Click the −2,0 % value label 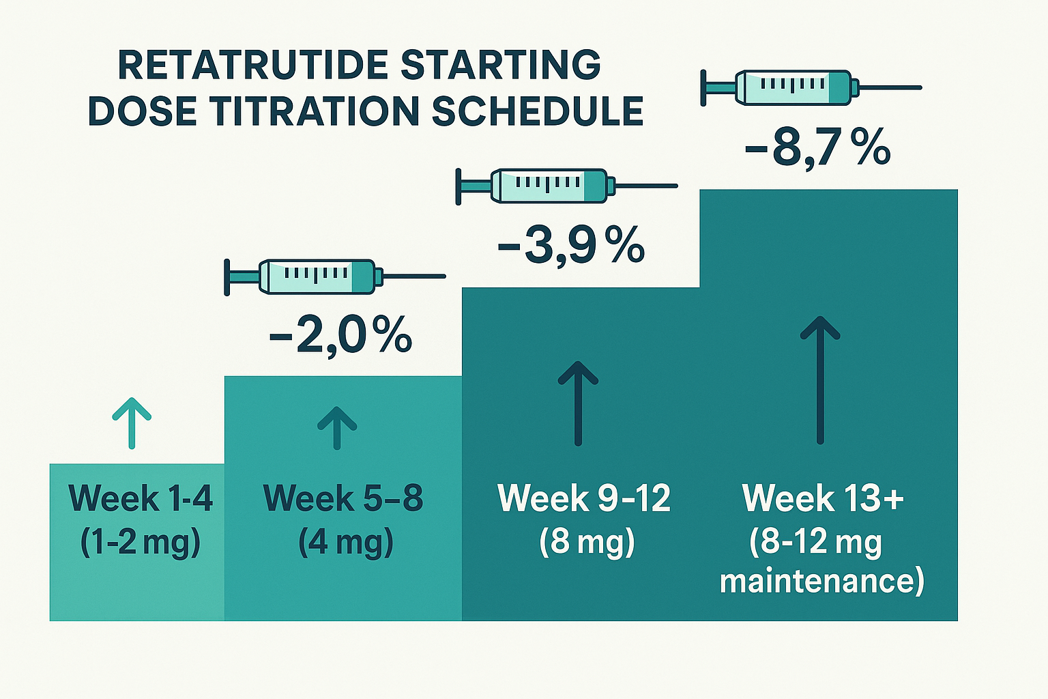pyautogui.click(x=340, y=334)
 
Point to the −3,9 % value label pyautogui.click(x=572, y=245)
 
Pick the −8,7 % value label pyautogui.click(x=818, y=147)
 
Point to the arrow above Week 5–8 pyautogui.click(x=337, y=428)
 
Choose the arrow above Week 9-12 pyautogui.click(x=578, y=403)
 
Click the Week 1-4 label pyautogui.click(x=141, y=498)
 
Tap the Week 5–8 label pyautogui.click(x=343, y=498)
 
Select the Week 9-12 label pyautogui.click(x=584, y=498)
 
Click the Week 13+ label pyautogui.click(x=823, y=498)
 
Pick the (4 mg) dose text pyautogui.click(x=346, y=542)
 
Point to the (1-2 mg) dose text pyautogui.click(x=141, y=542)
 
